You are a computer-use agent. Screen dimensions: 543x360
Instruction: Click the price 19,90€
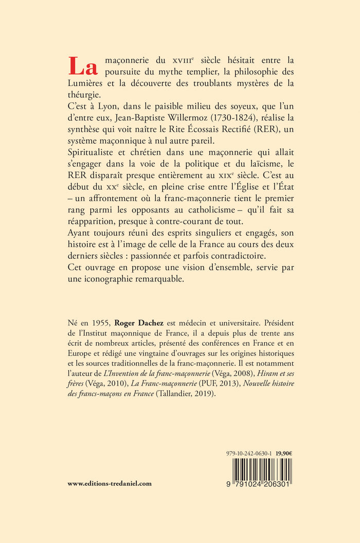click(x=284, y=453)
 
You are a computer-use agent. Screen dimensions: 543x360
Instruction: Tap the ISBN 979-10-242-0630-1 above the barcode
click(x=249, y=453)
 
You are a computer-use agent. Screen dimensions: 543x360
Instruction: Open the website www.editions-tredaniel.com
click(x=110, y=483)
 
